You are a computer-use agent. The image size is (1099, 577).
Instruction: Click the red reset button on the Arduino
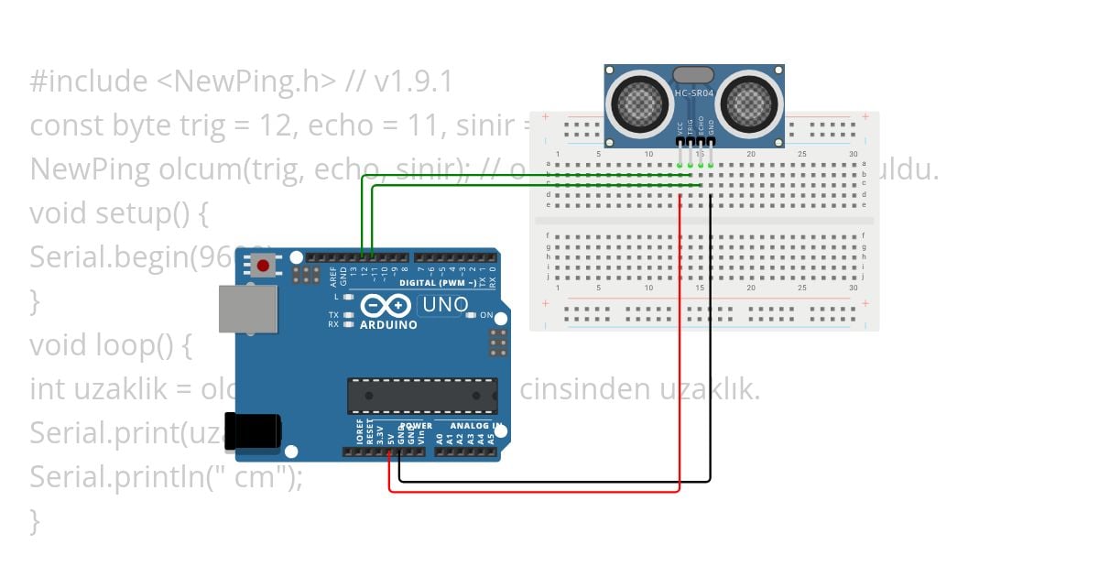click(264, 267)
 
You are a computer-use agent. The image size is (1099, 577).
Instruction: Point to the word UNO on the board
click(446, 305)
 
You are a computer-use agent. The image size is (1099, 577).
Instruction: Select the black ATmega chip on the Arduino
click(422, 395)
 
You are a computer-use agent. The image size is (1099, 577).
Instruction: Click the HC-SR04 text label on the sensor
click(693, 93)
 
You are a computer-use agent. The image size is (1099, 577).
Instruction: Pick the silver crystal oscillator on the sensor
click(693, 74)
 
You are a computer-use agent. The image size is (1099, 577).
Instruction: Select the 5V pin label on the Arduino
click(391, 438)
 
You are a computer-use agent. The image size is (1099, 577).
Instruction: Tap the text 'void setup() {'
click(119, 213)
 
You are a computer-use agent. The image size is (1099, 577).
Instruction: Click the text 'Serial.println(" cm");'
click(165, 477)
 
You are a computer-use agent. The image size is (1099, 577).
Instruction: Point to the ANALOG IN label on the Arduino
click(473, 426)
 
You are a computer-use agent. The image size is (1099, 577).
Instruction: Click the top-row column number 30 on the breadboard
click(853, 153)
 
